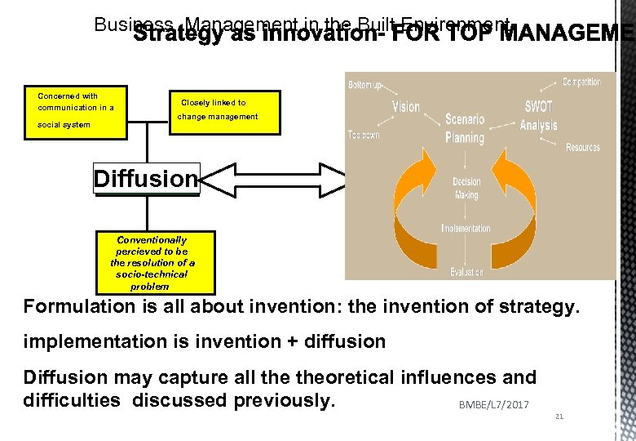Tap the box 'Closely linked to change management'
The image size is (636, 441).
tap(214, 110)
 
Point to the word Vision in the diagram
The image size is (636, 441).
tap(405, 108)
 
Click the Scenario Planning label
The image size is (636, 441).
tap(465, 128)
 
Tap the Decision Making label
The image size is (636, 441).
tap(467, 187)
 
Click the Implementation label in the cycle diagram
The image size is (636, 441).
tap(466, 228)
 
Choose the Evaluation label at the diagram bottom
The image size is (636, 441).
tap(466, 272)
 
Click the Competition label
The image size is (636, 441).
tap(581, 82)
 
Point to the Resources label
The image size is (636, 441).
tap(582, 148)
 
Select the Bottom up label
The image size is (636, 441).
tap(365, 85)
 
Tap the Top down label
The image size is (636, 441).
tap(364, 135)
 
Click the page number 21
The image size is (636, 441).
tap(559, 416)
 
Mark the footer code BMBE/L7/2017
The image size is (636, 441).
tap(493, 404)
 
